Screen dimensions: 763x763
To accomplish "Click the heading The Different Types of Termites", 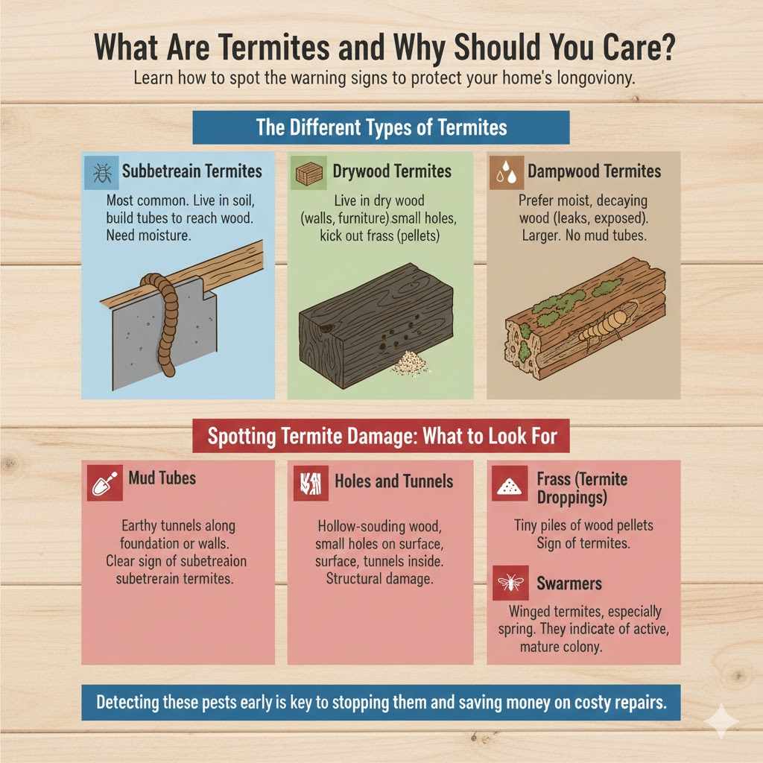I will (381, 127).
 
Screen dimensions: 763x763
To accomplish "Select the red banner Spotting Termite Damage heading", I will (381, 436).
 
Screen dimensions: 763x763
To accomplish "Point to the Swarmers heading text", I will (569, 583).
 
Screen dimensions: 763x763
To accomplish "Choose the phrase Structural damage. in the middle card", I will (379, 579).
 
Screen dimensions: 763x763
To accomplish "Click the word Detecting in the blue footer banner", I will (132, 703).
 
